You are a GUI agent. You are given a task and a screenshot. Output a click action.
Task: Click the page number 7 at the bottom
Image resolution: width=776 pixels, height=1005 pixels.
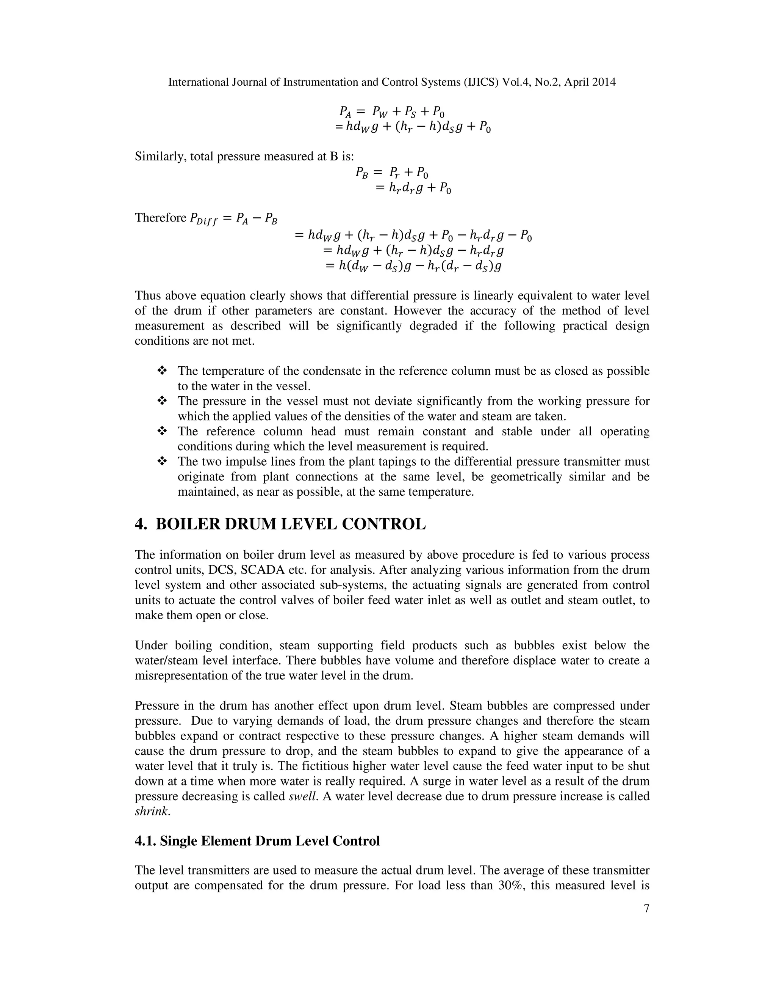click(x=646, y=908)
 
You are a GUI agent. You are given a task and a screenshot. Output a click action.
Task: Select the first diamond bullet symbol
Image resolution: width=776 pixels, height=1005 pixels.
click(x=161, y=371)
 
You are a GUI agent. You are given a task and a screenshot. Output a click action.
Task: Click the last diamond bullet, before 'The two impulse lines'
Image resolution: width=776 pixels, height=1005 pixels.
click(x=161, y=461)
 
